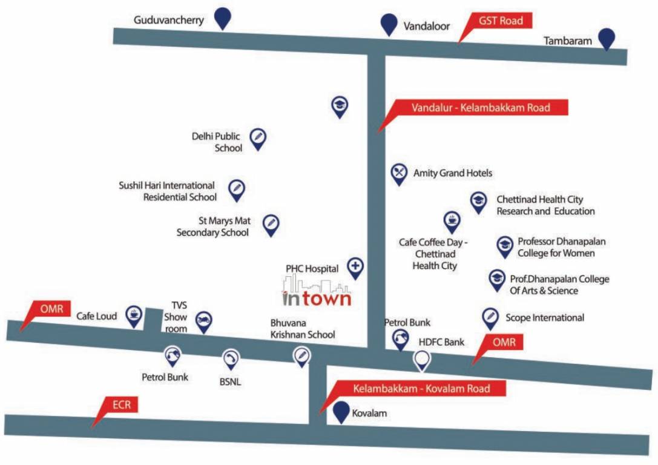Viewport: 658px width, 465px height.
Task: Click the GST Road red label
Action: [x=501, y=21]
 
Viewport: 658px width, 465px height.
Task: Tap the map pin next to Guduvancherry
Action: [x=224, y=18]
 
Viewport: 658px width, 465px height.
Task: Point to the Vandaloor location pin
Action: [x=388, y=25]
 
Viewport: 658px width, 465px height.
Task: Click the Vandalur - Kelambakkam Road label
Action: [x=481, y=108]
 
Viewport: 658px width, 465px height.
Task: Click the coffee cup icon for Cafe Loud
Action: [x=133, y=314]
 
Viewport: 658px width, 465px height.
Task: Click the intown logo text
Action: [x=317, y=298]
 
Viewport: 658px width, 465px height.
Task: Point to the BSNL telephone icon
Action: [x=230, y=359]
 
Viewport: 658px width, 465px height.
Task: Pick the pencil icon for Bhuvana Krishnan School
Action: [x=301, y=355]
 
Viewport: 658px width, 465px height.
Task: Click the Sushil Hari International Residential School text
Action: [x=167, y=191]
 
